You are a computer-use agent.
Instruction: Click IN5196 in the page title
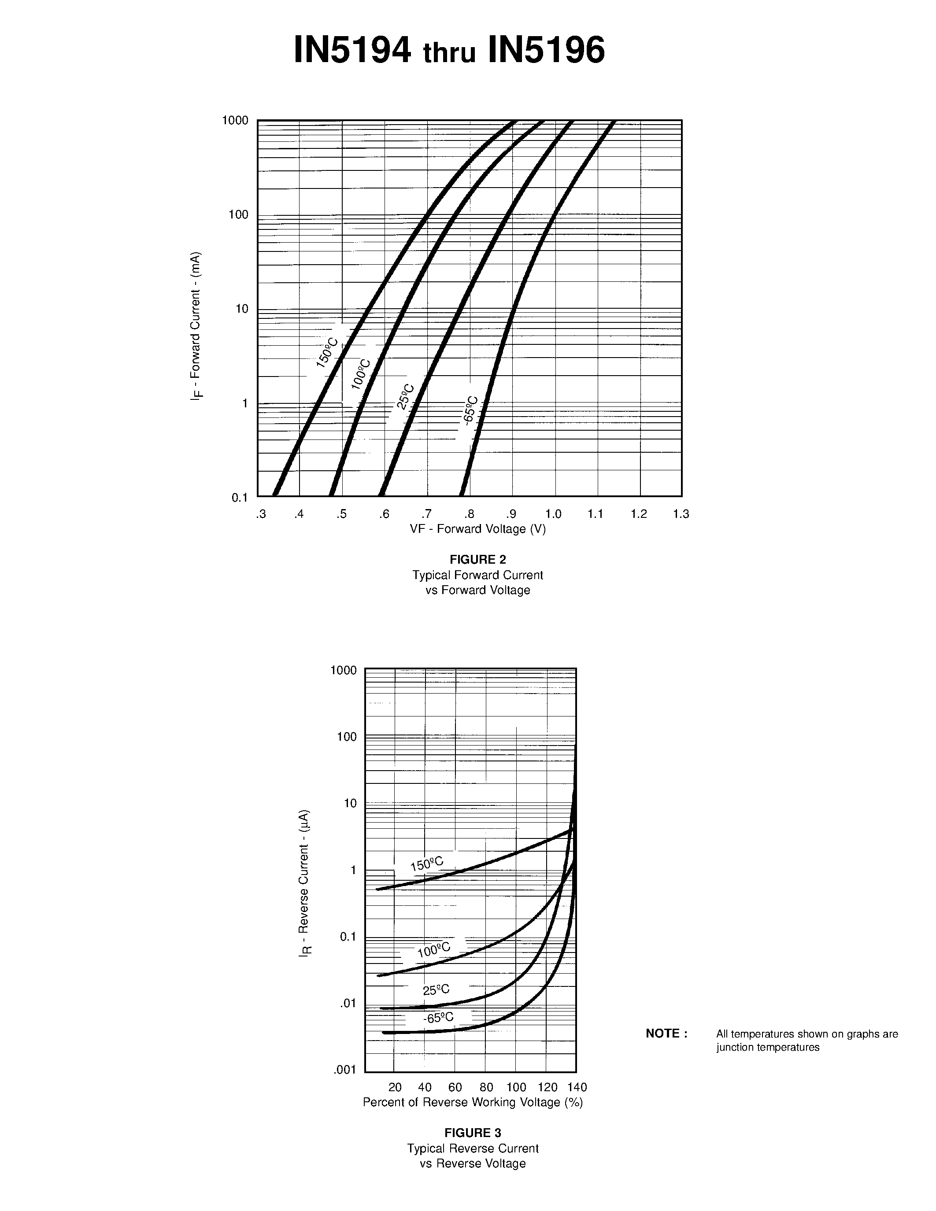[546, 51]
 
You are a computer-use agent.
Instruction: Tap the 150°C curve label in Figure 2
[327, 352]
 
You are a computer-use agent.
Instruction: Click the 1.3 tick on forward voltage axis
[681, 514]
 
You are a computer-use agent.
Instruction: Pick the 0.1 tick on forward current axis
[240, 497]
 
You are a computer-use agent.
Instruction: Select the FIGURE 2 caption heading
[477, 559]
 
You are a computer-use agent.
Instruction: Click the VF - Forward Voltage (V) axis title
[477, 529]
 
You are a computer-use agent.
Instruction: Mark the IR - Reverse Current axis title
[305, 882]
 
